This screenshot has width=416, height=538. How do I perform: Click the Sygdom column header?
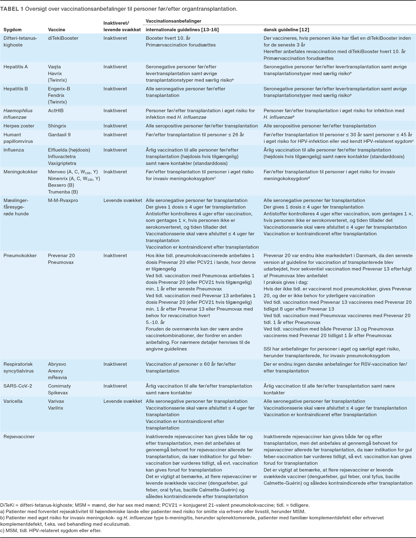(x=12, y=30)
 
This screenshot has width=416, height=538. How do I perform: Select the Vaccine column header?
(x=57, y=30)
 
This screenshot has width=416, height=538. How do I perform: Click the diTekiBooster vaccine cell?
(x=63, y=38)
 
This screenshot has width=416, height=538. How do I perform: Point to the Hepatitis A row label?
(x=16, y=67)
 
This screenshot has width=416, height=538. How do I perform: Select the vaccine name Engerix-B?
(x=59, y=89)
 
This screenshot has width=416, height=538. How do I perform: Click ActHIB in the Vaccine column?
(x=55, y=111)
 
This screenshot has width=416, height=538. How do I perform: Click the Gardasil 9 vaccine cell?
(x=59, y=134)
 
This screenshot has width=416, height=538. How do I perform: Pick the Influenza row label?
(x=14, y=150)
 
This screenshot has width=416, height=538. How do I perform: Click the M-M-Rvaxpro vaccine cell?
(x=63, y=200)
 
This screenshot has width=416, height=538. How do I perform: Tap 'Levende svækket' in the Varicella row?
(x=123, y=401)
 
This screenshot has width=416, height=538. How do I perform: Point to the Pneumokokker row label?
(x=20, y=255)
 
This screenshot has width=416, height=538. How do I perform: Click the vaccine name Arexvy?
(x=55, y=371)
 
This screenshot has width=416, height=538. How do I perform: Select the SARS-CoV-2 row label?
(x=18, y=386)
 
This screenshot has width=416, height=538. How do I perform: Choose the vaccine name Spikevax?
(x=58, y=393)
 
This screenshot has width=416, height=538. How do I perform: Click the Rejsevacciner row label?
(x=19, y=436)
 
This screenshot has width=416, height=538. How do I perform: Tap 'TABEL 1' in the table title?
(x=12, y=9)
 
